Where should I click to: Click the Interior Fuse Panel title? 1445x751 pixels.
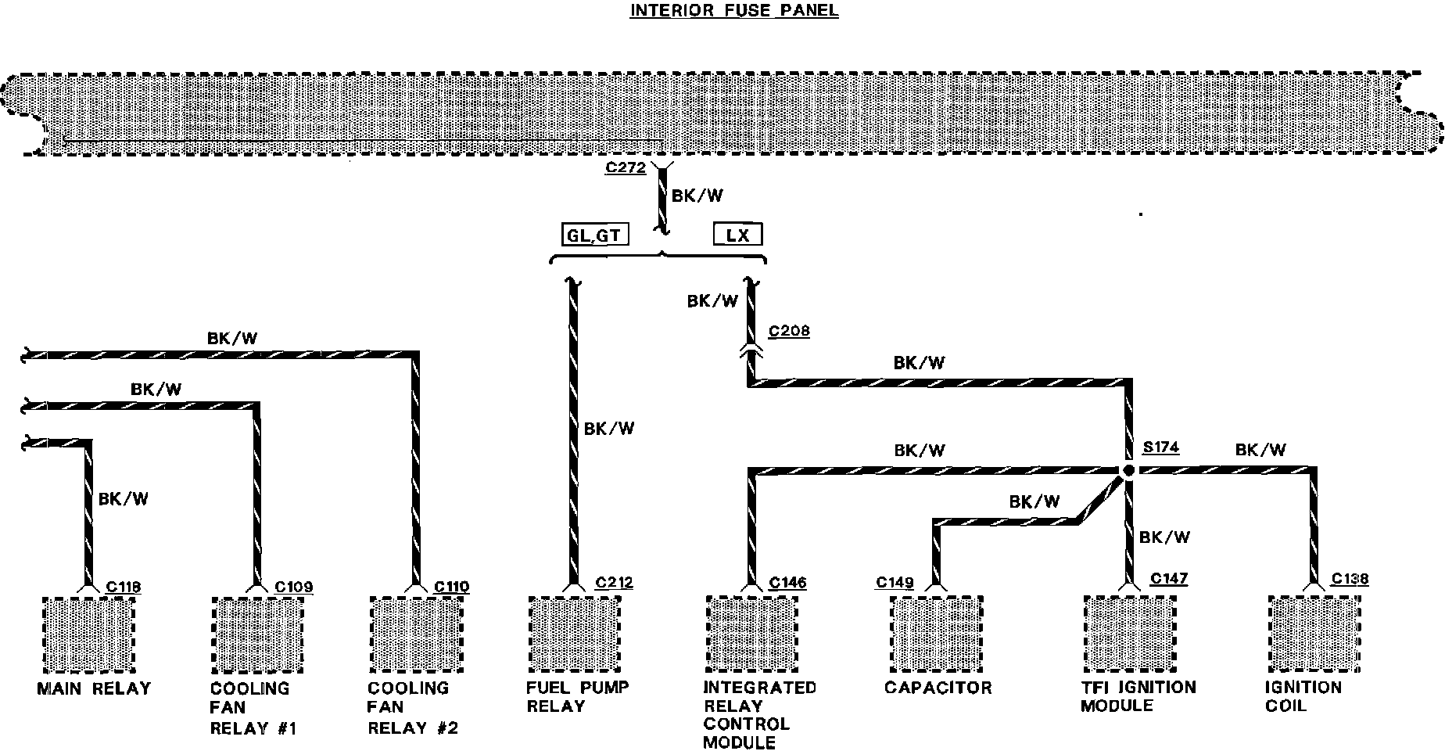(734, 11)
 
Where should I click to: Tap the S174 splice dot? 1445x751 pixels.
(1128, 471)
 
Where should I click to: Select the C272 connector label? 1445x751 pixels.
(625, 167)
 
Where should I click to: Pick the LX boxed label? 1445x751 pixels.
(738, 235)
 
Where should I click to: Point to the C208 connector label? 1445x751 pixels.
(789, 331)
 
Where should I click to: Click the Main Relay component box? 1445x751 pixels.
(87, 634)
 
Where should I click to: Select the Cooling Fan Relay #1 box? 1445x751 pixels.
(257, 634)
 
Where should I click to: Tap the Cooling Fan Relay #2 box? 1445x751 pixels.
(415, 634)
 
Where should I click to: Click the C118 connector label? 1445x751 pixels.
(123, 587)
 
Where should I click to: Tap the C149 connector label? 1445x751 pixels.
(895, 582)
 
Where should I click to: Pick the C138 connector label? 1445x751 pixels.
(1350, 579)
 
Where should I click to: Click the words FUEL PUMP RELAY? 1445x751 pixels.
(577, 696)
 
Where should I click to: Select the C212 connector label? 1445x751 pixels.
(614, 582)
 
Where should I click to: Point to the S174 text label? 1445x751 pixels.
(1160, 447)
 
